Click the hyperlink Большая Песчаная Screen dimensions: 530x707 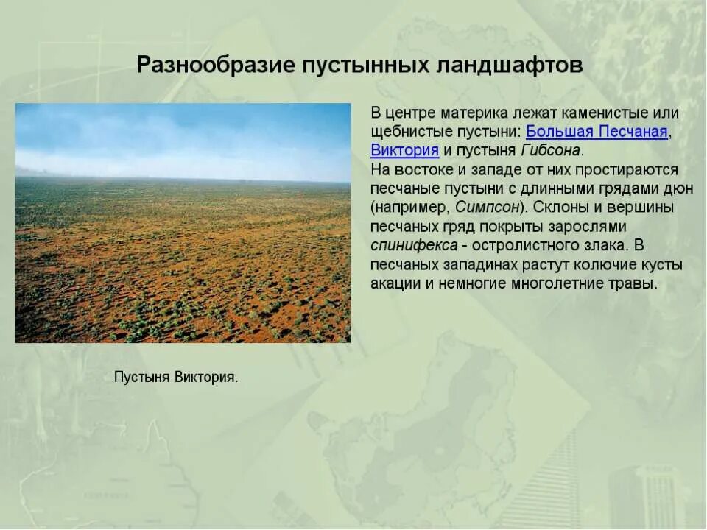[x=597, y=132]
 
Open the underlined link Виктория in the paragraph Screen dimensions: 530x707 [x=405, y=150]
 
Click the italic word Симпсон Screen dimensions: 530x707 [x=488, y=207]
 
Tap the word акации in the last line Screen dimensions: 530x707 [x=395, y=283]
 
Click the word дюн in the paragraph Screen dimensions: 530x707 [x=677, y=188]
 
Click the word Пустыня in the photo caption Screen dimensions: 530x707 [x=142, y=378]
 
